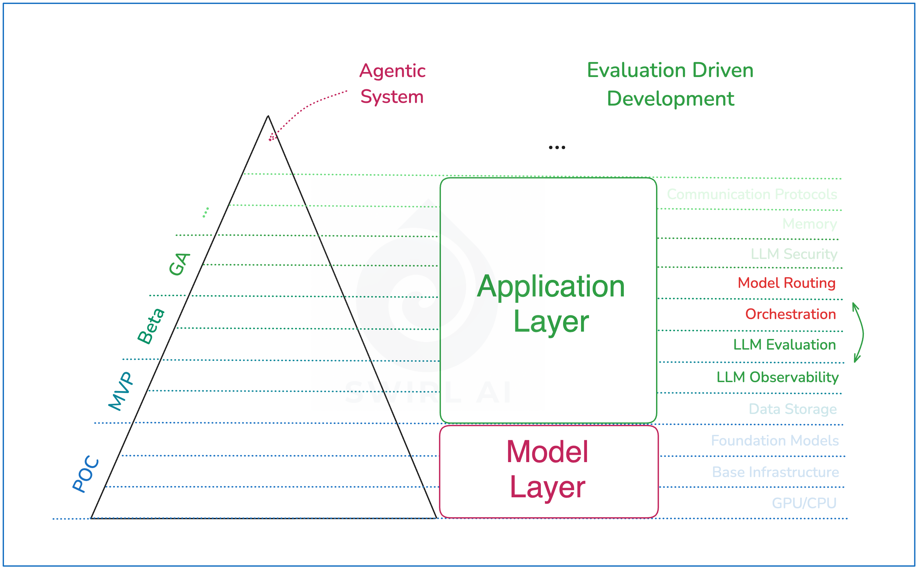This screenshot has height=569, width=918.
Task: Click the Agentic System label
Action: [392, 84]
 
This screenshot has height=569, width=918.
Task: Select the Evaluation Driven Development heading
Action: [670, 84]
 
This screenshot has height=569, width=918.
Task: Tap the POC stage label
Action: [86, 474]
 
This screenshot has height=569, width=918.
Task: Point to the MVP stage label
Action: [121, 391]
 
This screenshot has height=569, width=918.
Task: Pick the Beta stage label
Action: [150, 326]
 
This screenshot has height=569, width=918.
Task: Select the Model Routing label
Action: [786, 283]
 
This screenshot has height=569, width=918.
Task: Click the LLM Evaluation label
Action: [785, 345]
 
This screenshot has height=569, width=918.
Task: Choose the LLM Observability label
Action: [777, 377]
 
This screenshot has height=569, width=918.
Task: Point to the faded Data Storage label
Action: [792, 409]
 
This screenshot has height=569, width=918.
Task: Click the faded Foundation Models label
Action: [775, 441]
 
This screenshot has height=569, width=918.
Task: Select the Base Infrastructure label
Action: [775, 472]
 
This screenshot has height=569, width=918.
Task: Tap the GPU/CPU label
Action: [804, 503]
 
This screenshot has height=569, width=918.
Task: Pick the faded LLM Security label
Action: [794, 254]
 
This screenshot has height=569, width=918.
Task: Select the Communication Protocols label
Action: [752, 195]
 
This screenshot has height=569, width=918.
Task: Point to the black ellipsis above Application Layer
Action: [557, 147]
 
